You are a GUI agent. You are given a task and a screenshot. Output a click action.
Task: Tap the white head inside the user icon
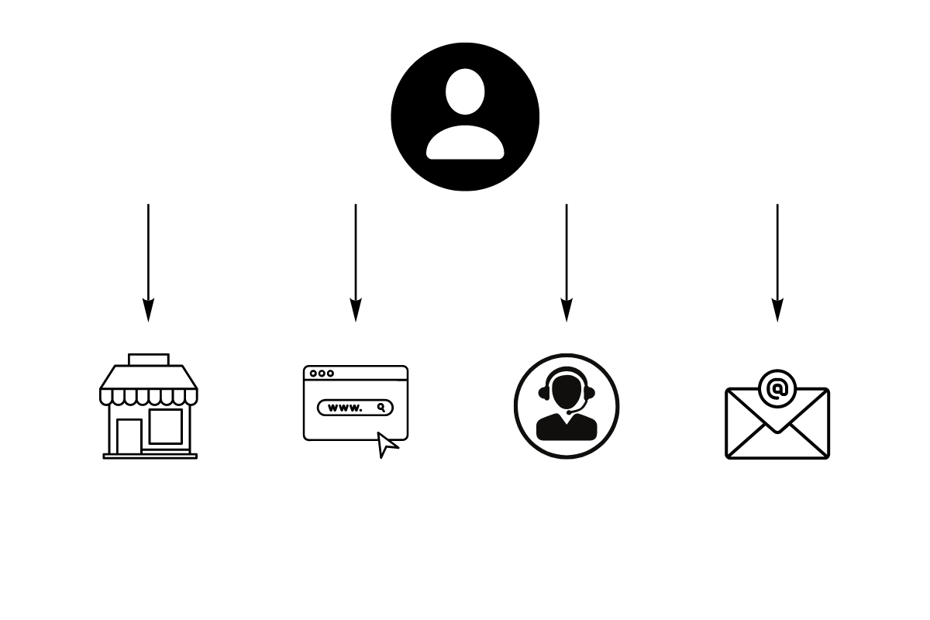465,92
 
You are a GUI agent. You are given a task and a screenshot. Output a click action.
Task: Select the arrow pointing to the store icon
148,256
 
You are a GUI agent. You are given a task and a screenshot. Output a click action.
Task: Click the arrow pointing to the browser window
356,256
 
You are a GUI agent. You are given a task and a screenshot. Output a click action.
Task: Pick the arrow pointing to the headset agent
567,256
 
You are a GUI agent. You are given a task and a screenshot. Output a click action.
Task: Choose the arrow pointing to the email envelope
777,256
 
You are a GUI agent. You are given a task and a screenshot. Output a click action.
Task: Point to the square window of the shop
166,426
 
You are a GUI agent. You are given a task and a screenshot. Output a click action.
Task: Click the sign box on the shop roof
149,360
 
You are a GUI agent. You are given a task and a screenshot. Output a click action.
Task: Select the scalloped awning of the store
149,386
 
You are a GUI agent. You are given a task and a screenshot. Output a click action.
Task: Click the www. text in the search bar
345,408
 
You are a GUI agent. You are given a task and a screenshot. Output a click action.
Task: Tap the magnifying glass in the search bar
381,408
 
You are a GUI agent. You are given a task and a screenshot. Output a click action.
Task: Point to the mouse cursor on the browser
387,445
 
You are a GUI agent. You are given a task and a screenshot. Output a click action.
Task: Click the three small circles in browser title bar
322,374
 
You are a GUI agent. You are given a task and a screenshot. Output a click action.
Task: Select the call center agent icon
567,406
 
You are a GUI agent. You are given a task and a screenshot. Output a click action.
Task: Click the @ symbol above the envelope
777,387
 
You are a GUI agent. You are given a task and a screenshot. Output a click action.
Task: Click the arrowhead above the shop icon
148,311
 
